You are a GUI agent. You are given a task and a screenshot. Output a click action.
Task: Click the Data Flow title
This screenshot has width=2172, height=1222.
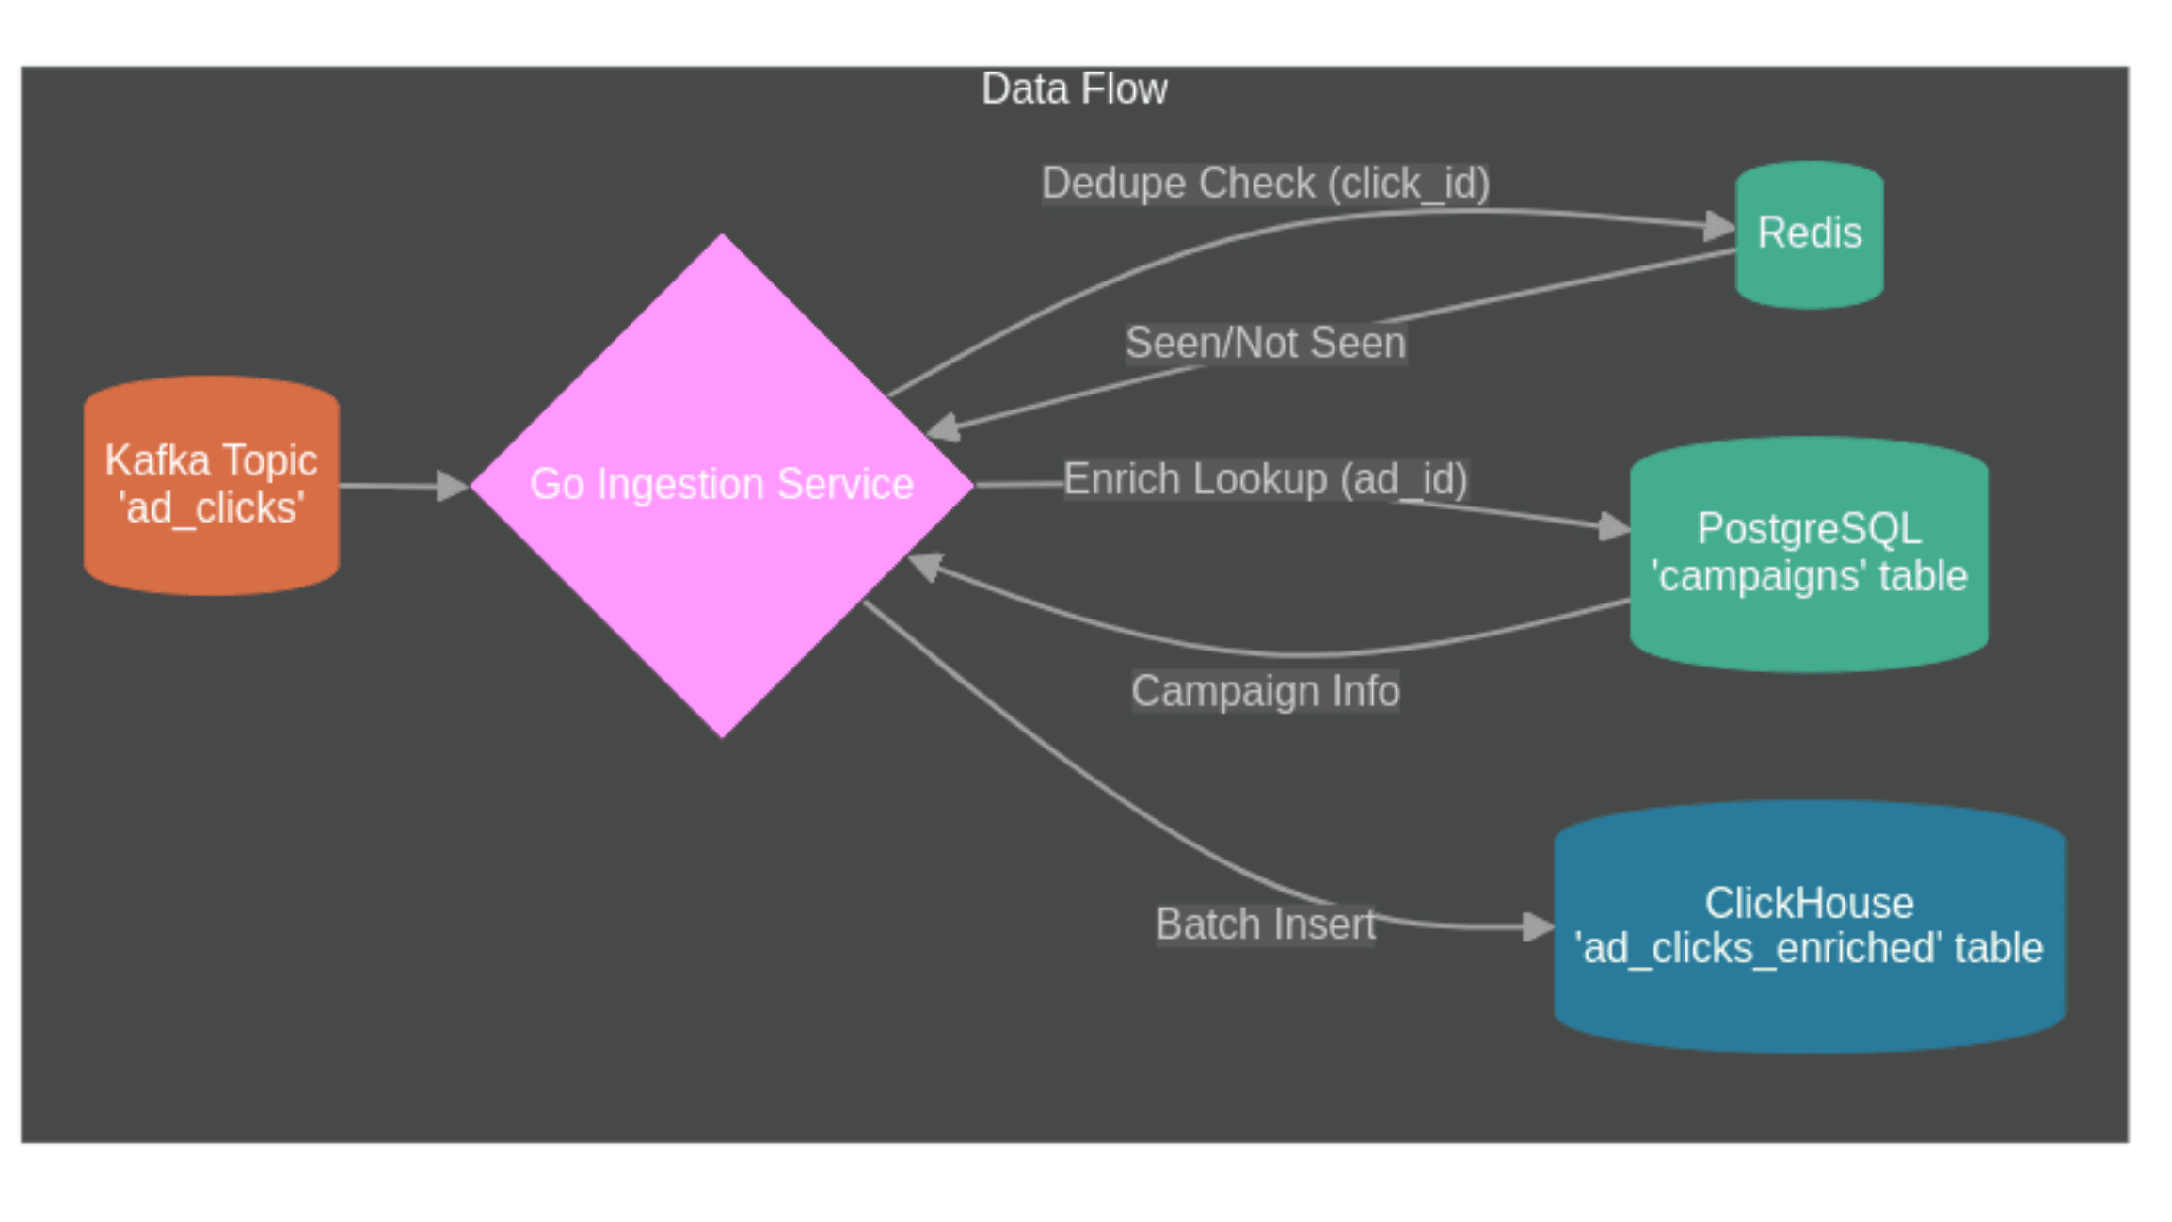click(x=1074, y=89)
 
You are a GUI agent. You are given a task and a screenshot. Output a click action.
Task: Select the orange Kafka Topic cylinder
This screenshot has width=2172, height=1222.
click(x=211, y=485)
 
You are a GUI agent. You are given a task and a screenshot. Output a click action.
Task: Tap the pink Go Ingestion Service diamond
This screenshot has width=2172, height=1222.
click(x=722, y=565)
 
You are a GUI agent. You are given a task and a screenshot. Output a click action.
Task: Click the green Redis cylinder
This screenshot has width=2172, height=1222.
click(x=1809, y=234)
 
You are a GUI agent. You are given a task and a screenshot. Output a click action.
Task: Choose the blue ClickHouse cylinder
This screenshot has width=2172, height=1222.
click(x=1809, y=926)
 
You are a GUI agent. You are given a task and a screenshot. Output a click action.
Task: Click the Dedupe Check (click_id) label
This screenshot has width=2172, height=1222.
click(x=1265, y=184)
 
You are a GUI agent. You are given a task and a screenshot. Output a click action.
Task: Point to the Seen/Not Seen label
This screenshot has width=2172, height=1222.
click(x=1265, y=343)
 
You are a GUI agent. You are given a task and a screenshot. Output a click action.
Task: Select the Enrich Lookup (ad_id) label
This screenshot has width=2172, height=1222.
click(x=1265, y=479)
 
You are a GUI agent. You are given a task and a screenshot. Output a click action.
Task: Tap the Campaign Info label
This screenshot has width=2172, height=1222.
click(x=1265, y=691)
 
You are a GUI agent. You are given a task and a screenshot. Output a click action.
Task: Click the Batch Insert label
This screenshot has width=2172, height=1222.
click(x=1265, y=925)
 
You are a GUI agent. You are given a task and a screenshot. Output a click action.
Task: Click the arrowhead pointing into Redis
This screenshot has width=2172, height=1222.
click(x=1720, y=226)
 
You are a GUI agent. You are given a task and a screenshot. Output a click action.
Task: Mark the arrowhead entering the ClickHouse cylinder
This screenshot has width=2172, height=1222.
click(x=1538, y=927)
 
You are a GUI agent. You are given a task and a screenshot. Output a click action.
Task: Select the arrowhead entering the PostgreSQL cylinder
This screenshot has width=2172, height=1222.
click(x=1615, y=526)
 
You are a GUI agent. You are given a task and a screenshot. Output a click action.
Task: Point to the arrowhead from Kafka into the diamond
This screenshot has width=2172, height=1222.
click(x=454, y=487)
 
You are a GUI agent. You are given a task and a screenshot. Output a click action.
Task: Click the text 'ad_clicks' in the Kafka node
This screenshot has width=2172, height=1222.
click(x=211, y=509)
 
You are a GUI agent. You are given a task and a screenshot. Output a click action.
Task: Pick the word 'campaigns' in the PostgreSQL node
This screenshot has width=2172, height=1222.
click(x=1760, y=576)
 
